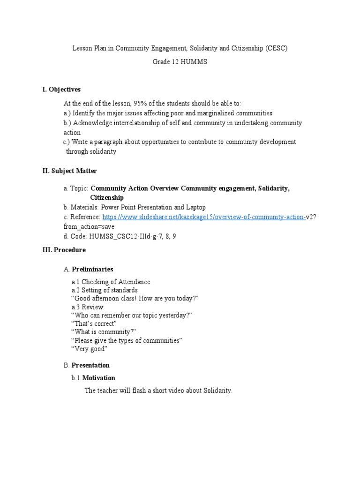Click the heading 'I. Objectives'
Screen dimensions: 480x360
(x=61, y=89)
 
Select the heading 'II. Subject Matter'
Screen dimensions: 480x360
(x=69, y=171)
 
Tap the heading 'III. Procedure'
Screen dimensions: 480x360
(x=64, y=250)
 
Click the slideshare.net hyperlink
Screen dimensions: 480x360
(x=203, y=217)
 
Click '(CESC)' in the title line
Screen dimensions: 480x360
(x=276, y=48)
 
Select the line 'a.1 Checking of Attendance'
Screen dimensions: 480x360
(x=111, y=282)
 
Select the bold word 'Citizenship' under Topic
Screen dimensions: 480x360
(x=107, y=198)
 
